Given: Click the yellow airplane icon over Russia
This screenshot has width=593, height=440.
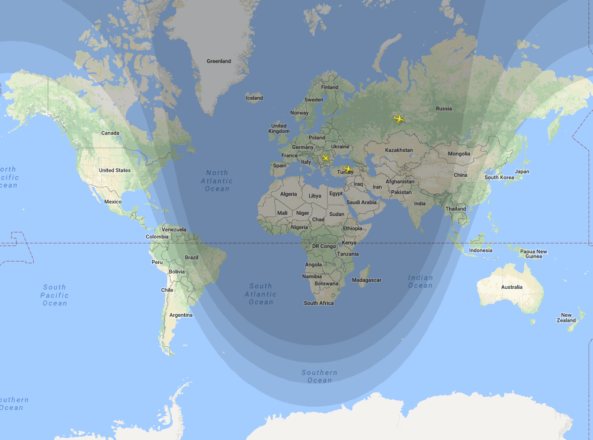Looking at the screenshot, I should pos(399,119).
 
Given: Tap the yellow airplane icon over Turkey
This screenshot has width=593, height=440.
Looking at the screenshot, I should pos(347,168).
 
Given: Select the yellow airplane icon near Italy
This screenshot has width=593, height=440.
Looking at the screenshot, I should pos(325,158).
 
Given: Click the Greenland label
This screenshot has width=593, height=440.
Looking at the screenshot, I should pos(219,61).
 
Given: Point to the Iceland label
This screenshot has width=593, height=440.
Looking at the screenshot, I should pos(254,98).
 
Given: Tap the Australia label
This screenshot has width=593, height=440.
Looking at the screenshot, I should pos(511,287).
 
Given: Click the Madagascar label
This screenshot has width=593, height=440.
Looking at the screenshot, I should pos(367,280).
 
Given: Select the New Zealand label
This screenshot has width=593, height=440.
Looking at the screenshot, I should pos(567,318).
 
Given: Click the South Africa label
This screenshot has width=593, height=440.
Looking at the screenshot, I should pos(319,303).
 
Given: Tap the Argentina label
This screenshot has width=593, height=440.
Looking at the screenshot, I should pos(181,315).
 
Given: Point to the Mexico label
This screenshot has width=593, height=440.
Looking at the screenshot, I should pos(113,202).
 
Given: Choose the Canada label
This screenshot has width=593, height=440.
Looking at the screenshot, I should pos(110,133).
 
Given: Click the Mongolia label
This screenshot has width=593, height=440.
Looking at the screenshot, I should pos(459,154).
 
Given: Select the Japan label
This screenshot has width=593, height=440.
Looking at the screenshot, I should pos(522,171).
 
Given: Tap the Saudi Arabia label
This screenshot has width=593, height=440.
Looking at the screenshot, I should pos(361,202).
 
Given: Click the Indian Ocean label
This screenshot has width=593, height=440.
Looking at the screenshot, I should pos(420,282).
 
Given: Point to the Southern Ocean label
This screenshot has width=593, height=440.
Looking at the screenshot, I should pos(319,377).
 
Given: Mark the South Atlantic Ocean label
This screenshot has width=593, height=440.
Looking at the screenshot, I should pos(261,294).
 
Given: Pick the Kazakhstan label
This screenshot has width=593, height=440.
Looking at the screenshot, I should pos(399,150).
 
